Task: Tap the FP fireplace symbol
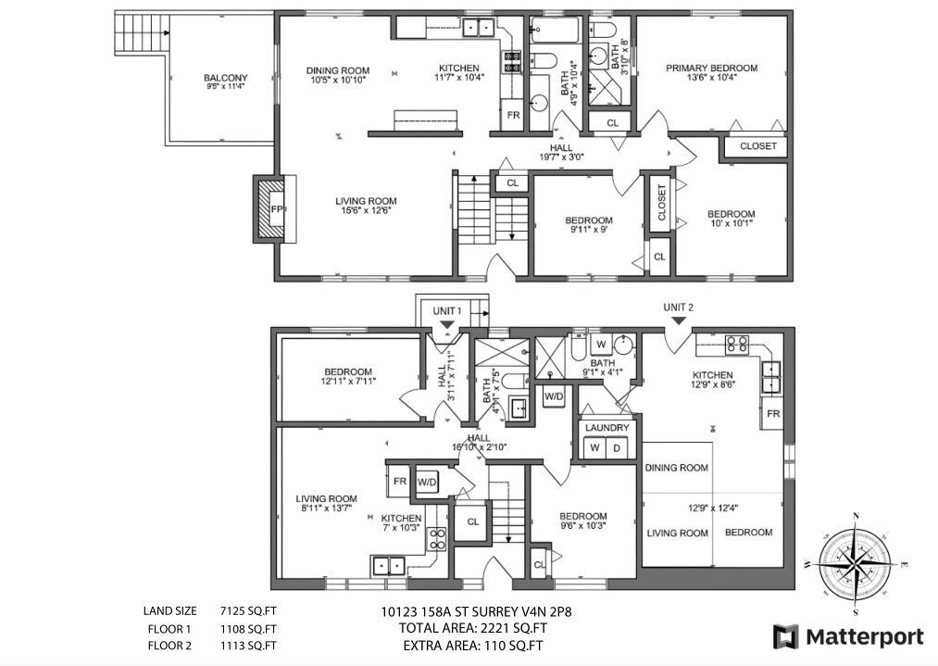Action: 276,209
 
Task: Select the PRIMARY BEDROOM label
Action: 711,68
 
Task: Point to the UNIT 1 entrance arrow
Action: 446,324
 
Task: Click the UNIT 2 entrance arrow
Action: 678,320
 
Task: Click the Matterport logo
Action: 849,636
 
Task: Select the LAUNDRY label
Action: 607,428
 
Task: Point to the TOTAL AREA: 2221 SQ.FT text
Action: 468,628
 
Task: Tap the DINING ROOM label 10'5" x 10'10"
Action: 338,75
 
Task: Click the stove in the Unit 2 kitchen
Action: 736,345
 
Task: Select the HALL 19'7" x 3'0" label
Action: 561,152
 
